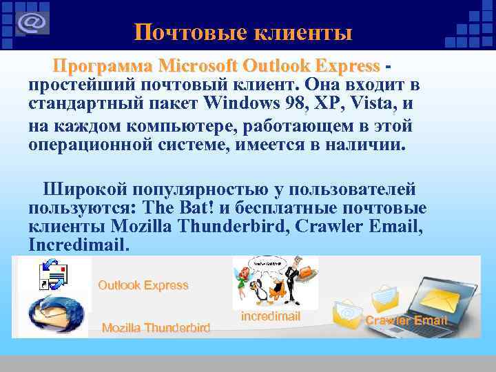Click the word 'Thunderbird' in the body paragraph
(x=234, y=226)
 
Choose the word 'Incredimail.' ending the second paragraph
(x=79, y=245)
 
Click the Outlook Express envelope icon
(x=55, y=278)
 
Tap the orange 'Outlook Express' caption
(x=143, y=285)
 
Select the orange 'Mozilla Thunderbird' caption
(x=156, y=328)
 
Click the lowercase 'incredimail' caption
(x=271, y=316)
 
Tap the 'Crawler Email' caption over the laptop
(x=406, y=320)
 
